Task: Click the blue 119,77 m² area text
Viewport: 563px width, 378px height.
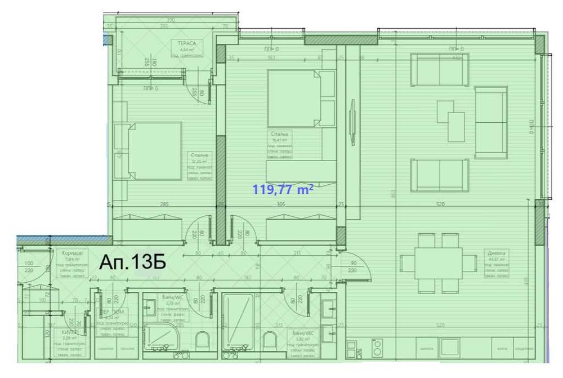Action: click(x=283, y=190)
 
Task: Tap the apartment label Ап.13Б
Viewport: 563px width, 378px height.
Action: click(x=133, y=263)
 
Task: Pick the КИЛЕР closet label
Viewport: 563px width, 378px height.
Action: click(x=70, y=333)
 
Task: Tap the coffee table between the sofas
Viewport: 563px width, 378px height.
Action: click(x=452, y=119)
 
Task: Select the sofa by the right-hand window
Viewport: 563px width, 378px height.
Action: click(x=491, y=122)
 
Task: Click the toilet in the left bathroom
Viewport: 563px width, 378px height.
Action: click(x=203, y=340)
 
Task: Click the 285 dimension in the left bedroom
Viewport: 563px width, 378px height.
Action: click(x=164, y=205)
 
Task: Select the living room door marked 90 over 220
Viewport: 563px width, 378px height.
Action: click(x=354, y=266)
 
